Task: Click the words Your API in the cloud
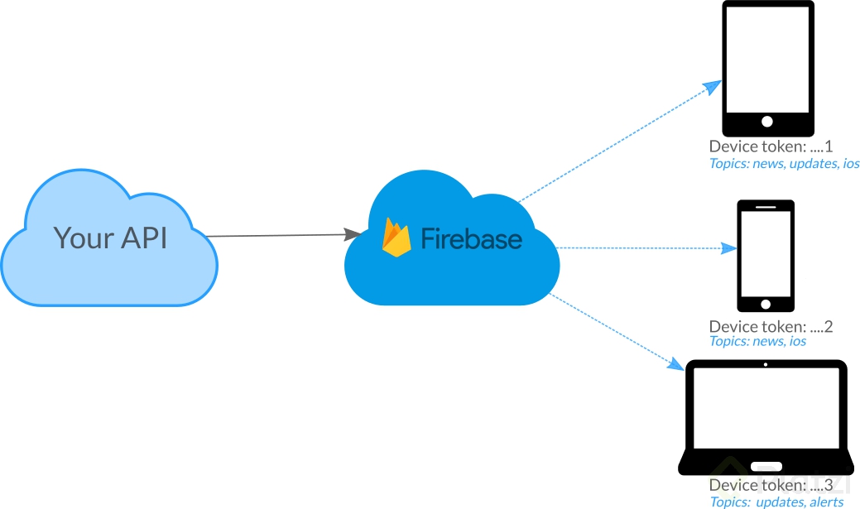coord(110,238)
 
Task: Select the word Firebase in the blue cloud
coord(471,238)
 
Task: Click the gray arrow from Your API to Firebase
coord(281,236)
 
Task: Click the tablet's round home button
coord(766,122)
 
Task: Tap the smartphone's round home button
coord(766,304)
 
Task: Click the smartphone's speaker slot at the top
coord(766,206)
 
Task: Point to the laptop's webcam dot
coord(766,365)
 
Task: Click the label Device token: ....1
coord(771,146)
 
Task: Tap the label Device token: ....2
coord(771,327)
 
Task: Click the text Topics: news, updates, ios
coord(784,164)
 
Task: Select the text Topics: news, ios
coord(757,341)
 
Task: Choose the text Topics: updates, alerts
coord(776,502)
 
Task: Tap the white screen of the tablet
coord(767,60)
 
